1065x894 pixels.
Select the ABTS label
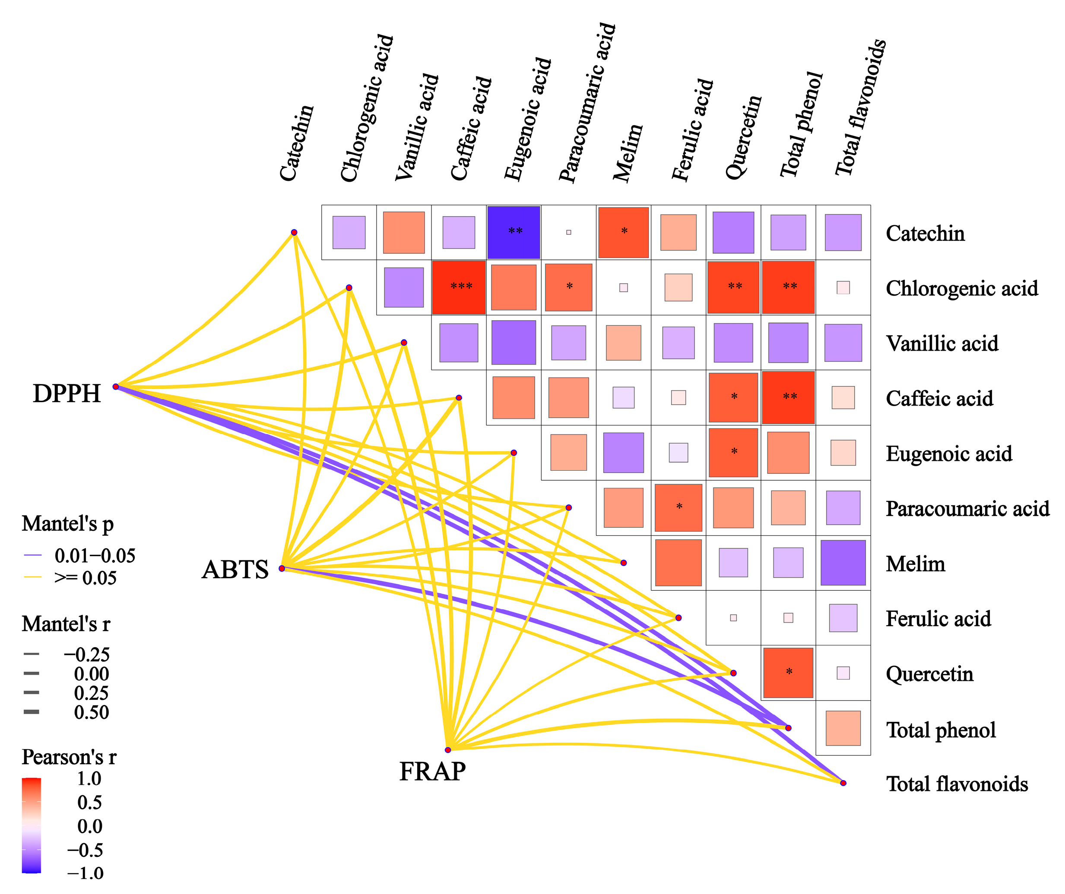[x=235, y=569]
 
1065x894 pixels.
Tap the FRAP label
[x=432, y=772]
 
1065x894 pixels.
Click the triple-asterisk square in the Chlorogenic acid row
[x=459, y=287]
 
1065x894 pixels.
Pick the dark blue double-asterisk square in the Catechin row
[x=514, y=232]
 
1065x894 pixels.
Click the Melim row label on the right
[x=916, y=564]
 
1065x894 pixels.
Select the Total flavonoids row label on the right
[x=957, y=784]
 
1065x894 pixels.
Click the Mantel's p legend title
[x=67, y=523]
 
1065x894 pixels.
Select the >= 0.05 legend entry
[x=85, y=578]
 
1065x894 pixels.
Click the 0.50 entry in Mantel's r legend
[x=91, y=712]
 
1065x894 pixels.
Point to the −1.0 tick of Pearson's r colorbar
[x=85, y=873]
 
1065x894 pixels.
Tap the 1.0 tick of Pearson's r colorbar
[x=89, y=778]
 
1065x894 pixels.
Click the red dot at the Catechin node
[x=294, y=233]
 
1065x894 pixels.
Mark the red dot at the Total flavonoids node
[x=843, y=783]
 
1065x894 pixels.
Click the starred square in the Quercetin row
[x=788, y=673]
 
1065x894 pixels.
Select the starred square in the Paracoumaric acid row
[x=678, y=507]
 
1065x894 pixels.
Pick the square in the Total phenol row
[x=843, y=728]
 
